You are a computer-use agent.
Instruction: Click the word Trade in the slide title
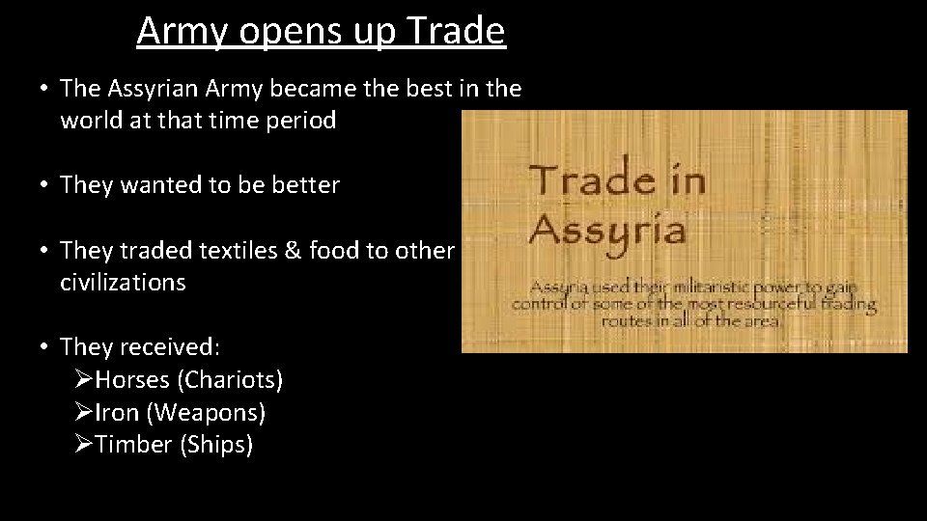456,31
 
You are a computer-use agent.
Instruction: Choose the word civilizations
123,283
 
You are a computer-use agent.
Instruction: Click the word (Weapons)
206,413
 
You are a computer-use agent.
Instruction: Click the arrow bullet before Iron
83,413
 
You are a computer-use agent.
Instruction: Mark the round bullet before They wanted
44,185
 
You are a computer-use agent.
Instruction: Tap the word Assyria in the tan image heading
607,230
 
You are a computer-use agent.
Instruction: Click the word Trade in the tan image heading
591,179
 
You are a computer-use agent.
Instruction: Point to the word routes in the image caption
626,321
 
